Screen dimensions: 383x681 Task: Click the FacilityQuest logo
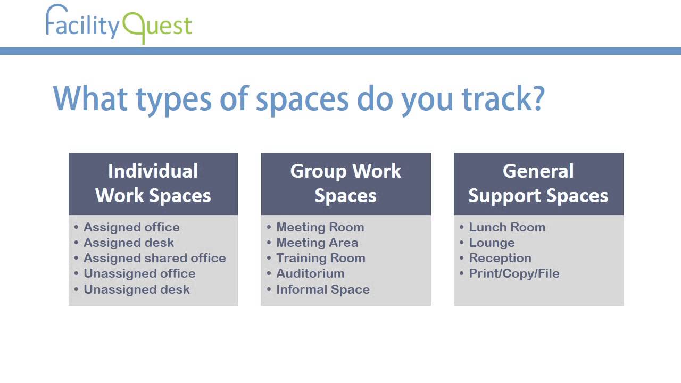coord(119,24)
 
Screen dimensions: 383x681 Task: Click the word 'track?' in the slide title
coord(503,99)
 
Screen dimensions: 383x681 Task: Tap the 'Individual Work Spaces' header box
coord(153,184)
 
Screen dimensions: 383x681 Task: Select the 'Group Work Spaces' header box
coord(346,184)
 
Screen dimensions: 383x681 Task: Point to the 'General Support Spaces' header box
coord(538,184)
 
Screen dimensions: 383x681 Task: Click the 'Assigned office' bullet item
coord(131,227)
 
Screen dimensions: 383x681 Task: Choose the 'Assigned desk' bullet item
coord(129,243)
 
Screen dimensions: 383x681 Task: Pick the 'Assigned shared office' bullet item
coord(154,258)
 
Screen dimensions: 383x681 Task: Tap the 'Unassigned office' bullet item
coord(139,273)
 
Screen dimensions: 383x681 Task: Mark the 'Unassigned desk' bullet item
coord(137,289)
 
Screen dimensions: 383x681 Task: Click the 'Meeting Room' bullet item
coord(320,227)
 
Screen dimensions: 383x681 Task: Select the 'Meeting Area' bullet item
coord(317,243)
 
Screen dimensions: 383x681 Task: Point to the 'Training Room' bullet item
coord(321,258)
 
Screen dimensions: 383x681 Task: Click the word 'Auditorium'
coord(310,273)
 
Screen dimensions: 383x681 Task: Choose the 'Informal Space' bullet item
coord(323,289)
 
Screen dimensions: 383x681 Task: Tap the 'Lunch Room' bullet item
coord(507,227)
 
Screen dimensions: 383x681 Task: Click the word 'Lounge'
coord(492,243)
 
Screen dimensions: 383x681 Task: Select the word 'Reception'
coord(500,258)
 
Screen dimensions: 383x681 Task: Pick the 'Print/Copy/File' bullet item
coord(514,273)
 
